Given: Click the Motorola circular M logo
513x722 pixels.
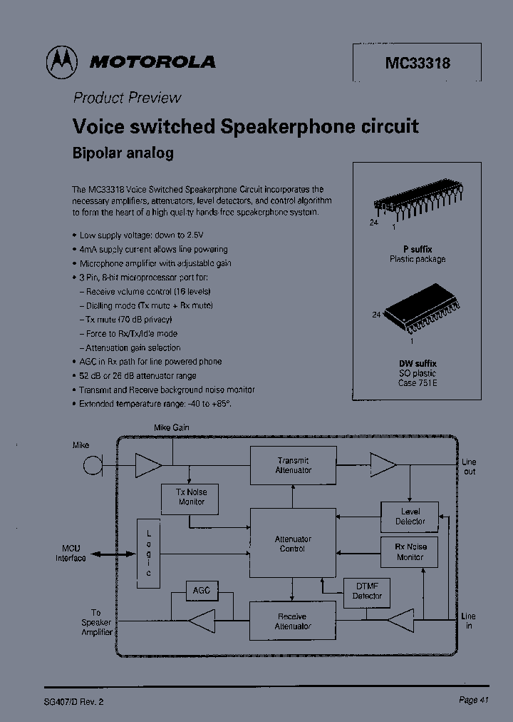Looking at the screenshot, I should [x=62, y=63].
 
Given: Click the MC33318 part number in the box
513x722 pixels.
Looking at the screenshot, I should [x=418, y=63].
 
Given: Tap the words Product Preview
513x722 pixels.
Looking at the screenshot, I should [x=128, y=98].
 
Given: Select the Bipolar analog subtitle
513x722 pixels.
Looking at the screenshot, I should [x=123, y=153].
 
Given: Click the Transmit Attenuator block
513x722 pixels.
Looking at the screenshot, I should [x=293, y=465].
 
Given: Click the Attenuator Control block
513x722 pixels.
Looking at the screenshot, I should [x=293, y=544].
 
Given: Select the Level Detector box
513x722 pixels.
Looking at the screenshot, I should [x=410, y=516].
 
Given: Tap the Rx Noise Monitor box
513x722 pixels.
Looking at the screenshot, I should [x=410, y=551].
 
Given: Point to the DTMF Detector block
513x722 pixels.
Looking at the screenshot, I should [x=368, y=590].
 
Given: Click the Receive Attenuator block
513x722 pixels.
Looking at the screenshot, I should [x=293, y=621].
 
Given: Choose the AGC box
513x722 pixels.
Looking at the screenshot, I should [x=201, y=591].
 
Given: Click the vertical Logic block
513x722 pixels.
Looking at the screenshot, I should [x=149, y=553].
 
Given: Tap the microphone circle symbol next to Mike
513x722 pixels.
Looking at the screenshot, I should [x=91, y=466].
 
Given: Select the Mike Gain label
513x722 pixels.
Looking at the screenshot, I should [x=172, y=427].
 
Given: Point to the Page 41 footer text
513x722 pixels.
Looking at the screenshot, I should [x=473, y=700].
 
